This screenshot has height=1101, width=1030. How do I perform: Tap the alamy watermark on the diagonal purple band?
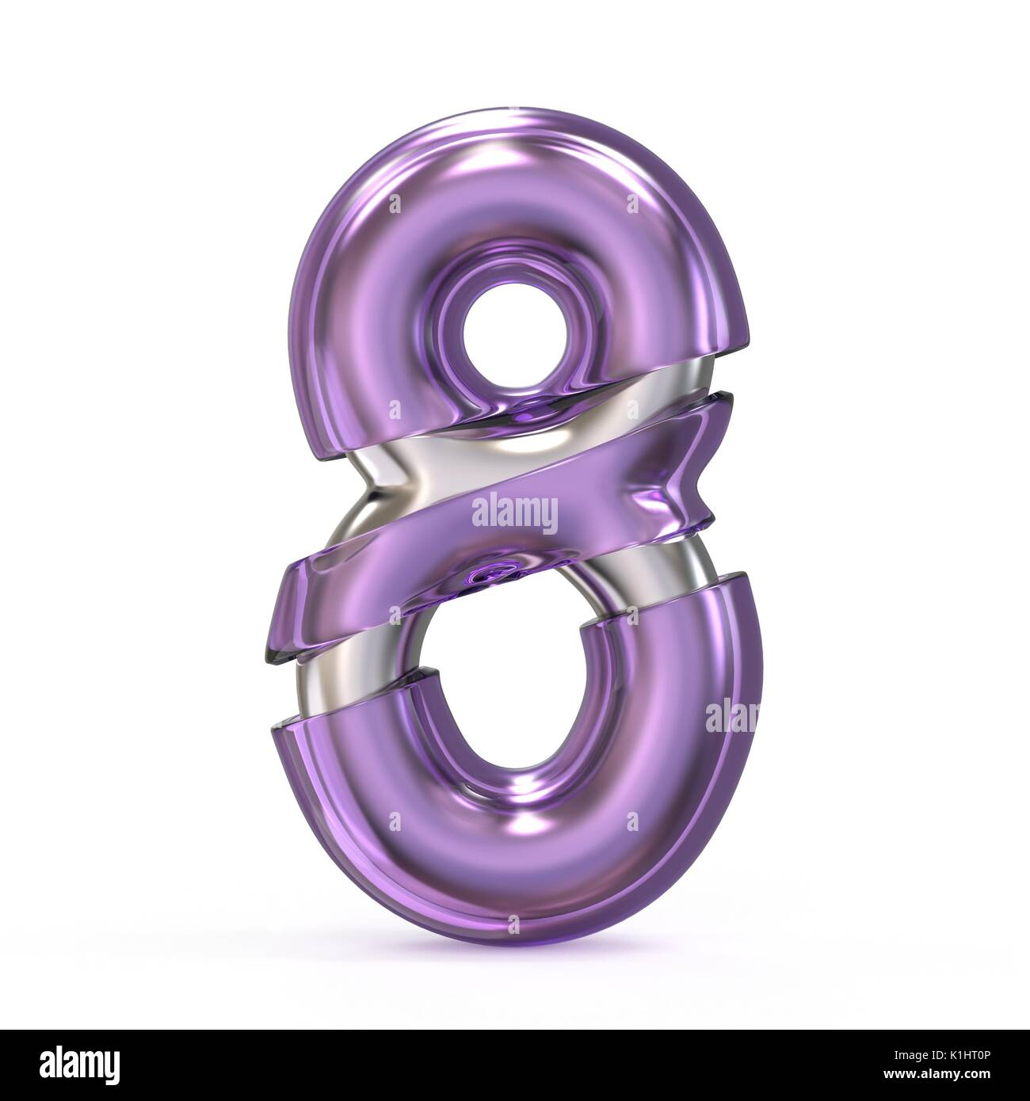click(514, 512)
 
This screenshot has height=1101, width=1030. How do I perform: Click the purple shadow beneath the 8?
click(515, 958)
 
